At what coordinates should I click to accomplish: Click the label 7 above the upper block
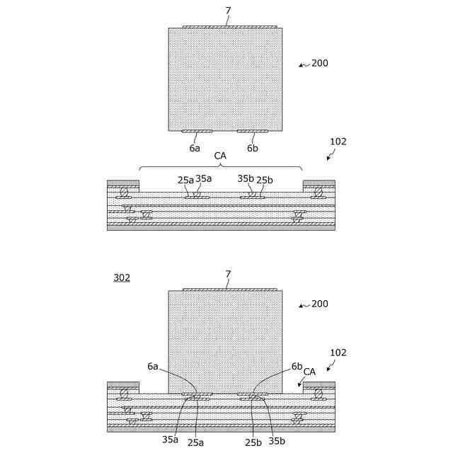(227, 11)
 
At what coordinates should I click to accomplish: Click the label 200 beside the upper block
(320, 63)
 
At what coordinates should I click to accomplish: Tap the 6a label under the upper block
(195, 149)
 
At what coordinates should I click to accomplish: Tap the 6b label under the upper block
(253, 149)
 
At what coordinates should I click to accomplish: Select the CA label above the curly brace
(220, 156)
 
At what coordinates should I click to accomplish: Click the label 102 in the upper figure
(338, 142)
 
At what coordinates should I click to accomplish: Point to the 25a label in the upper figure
(185, 180)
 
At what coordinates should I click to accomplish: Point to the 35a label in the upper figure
(203, 179)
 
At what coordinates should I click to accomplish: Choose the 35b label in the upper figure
(246, 179)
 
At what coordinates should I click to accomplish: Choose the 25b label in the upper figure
(264, 180)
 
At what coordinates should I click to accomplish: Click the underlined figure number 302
(122, 278)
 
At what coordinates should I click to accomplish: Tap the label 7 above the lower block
(227, 273)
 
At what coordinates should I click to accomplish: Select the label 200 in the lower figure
(320, 304)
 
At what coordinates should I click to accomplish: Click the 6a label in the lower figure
(153, 367)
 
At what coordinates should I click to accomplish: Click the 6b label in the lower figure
(297, 367)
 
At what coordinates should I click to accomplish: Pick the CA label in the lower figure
(309, 372)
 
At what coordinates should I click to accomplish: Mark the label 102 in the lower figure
(338, 352)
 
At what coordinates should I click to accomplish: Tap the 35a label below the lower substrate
(170, 440)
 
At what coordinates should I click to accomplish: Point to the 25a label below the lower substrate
(195, 442)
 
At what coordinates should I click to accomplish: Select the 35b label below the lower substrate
(277, 441)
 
